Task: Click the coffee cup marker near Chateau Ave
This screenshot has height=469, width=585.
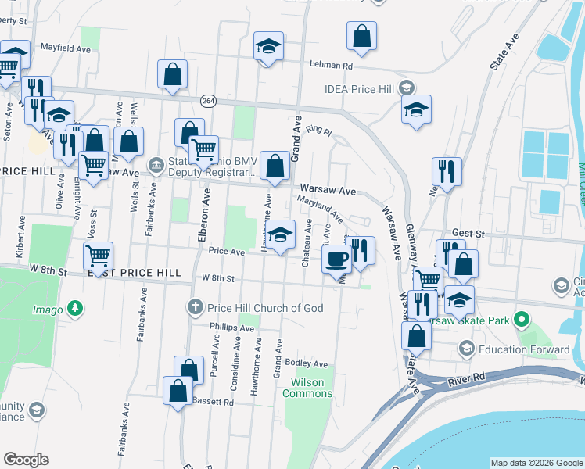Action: pos(337,258)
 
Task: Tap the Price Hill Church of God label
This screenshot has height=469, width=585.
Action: pos(266,308)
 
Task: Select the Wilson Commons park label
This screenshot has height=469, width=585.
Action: pos(311,388)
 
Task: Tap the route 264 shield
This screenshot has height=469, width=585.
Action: pos(208,101)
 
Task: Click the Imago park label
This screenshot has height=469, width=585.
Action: pos(48,310)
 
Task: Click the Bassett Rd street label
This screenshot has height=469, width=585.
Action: pos(213,403)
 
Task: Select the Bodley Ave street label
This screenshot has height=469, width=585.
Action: pos(307,363)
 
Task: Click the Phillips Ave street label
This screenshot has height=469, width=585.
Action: pos(232,328)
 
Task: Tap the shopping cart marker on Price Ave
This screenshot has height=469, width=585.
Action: pos(98,255)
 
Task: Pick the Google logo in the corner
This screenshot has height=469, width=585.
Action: pos(26,460)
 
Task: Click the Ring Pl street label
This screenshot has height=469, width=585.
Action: pos(319,129)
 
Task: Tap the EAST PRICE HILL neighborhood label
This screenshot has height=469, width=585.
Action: pos(135,274)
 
